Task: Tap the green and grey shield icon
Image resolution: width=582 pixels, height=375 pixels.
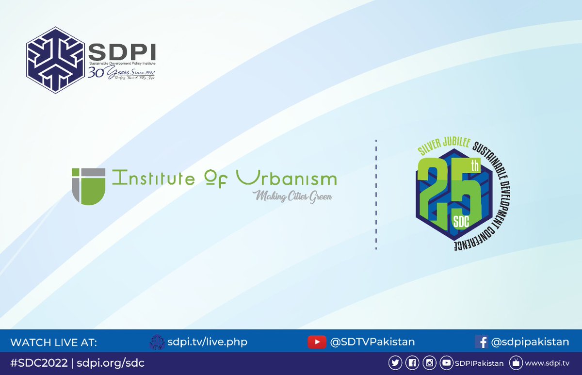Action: click(88, 186)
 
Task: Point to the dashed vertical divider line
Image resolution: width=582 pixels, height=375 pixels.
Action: click(376, 194)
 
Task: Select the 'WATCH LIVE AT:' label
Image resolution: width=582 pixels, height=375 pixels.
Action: click(53, 342)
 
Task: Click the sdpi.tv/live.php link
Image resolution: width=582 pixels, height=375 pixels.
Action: click(207, 342)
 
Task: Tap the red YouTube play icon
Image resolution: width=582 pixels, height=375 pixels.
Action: click(317, 342)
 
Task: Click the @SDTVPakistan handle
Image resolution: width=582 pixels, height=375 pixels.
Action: click(372, 342)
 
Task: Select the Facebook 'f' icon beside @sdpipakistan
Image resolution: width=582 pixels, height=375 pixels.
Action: click(482, 342)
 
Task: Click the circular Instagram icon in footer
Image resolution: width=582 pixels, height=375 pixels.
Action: click(429, 363)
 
